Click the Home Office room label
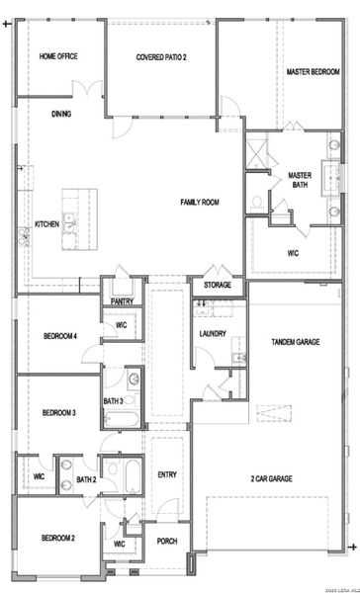point(58,56)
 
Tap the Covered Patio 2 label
point(161,57)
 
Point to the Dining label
point(61,114)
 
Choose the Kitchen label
point(46,224)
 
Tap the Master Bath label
point(300,180)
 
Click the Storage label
point(218,286)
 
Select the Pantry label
point(122,301)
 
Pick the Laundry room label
point(213,333)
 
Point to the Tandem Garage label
point(295,342)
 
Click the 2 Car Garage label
point(271,477)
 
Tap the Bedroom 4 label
point(59,336)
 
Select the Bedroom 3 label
point(59,412)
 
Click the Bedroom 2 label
point(58,538)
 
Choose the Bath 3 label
point(113,400)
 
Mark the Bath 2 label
point(86,480)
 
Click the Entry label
point(166,472)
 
